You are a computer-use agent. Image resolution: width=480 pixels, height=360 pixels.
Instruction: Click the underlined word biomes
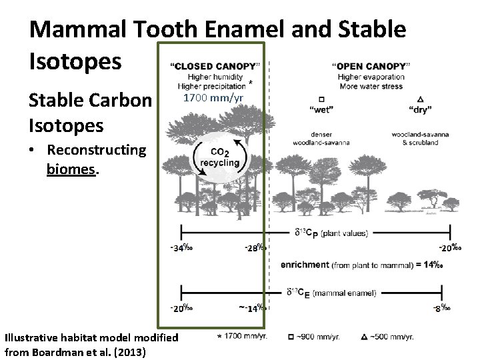pos(73,169)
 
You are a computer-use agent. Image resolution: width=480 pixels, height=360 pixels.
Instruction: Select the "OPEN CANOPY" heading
pos(371,65)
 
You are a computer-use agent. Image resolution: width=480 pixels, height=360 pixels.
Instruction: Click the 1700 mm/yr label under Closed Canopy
pos(213,99)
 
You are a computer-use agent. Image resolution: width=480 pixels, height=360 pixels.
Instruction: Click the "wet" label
pos(321,107)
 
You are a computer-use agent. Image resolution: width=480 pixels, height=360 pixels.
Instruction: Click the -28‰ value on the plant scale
pos(254,248)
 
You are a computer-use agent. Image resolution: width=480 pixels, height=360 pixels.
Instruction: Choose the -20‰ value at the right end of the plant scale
pos(448,248)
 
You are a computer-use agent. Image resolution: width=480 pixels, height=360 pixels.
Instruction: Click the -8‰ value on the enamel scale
pos(441,308)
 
